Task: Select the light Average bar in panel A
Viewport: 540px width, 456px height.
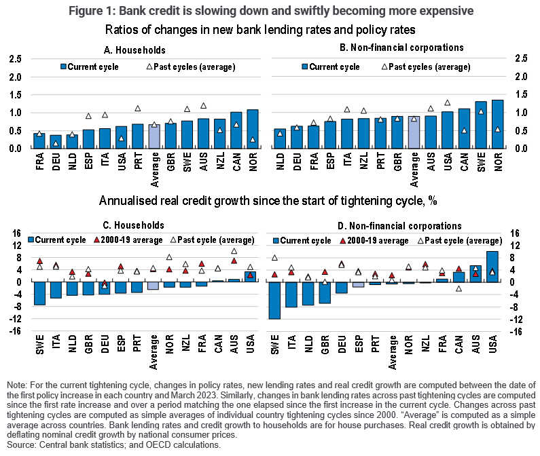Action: [x=154, y=136]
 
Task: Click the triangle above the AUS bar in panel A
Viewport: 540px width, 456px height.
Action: [x=202, y=106]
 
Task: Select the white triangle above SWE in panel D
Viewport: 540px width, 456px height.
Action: [x=274, y=258]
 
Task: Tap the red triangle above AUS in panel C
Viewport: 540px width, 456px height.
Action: [x=234, y=261]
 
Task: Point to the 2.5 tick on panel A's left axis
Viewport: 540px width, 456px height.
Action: [x=14, y=59]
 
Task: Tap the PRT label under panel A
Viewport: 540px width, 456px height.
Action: [x=138, y=161]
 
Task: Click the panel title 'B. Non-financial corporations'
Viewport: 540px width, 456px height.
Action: [x=392, y=49]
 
